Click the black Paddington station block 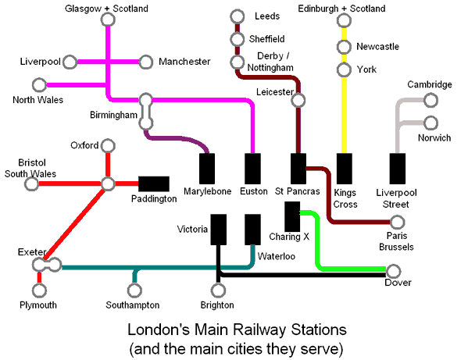(154, 184)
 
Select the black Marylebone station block (207, 169)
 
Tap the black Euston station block (252, 169)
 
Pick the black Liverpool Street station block (397, 169)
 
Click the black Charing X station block (292, 216)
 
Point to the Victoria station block (219, 230)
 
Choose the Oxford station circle (108, 146)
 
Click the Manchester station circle (145, 62)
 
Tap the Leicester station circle (298, 100)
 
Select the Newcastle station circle (344, 47)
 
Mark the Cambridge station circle (430, 100)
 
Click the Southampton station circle (134, 290)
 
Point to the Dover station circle (393, 272)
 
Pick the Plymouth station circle (39, 290)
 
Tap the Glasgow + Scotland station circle (108, 20)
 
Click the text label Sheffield (267, 39)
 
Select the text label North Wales (38, 100)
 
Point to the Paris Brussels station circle (397, 223)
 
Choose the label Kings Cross (345, 198)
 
